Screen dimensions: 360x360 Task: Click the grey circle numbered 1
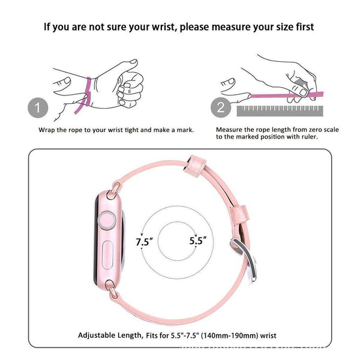pyautogui.click(x=38, y=107)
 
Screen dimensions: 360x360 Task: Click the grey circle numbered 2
pyautogui.click(x=221, y=107)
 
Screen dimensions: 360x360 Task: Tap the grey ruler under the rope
pyautogui.click(x=280, y=111)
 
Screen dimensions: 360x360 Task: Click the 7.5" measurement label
pyautogui.click(x=144, y=242)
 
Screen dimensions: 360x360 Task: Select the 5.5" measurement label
pyautogui.click(x=198, y=241)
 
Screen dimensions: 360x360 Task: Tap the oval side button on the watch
pyautogui.click(x=107, y=255)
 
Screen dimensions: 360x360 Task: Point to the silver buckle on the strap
pyautogui.click(x=244, y=259)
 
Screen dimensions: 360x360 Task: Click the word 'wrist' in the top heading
pyautogui.click(x=163, y=27)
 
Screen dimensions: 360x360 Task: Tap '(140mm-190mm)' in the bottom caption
pyautogui.click(x=229, y=335)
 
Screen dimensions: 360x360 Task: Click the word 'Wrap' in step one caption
pyautogui.click(x=47, y=130)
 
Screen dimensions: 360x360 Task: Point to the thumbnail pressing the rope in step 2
pyautogui.click(x=303, y=92)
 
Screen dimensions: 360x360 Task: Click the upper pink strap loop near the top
pyautogui.click(x=195, y=166)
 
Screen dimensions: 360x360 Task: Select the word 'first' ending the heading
pyautogui.click(x=305, y=27)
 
